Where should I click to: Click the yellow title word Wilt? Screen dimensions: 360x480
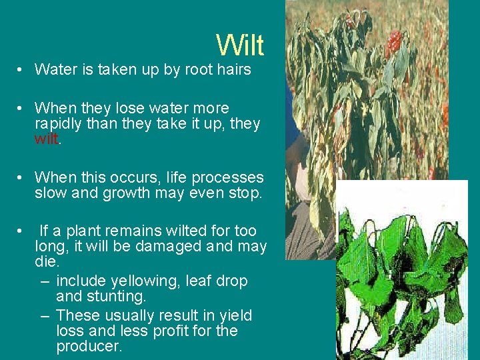coord(240,45)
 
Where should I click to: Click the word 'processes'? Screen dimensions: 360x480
coord(227,179)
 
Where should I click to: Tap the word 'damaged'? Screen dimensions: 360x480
coord(164,247)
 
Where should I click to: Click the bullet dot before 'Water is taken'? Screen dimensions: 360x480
coord(22,69)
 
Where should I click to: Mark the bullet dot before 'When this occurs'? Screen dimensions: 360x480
coord(22,178)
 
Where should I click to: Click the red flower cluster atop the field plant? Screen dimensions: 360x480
coord(395,43)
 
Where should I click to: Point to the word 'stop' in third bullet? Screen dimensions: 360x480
coord(247,194)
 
